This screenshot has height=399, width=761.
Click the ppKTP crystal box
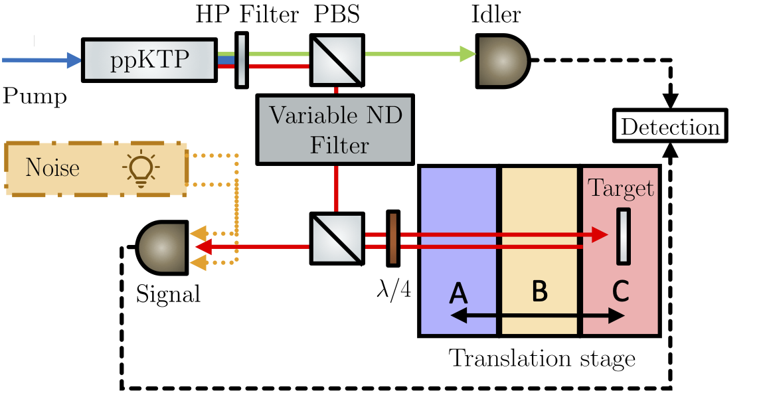tap(149, 60)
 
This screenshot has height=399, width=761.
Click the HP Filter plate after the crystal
tap(242, 60)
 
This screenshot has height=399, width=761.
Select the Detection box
tap(671, 127)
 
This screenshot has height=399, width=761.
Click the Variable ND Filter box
tap(336, 129)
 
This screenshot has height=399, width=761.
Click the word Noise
tap(52, 169)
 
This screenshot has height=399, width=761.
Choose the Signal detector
tap(162, 246)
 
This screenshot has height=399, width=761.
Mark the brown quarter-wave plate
tap(393, 239)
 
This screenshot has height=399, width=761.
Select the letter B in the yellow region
tap(540, 291)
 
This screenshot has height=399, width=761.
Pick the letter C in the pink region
tap(620, 291)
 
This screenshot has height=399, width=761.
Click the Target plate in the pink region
tap(623, 236)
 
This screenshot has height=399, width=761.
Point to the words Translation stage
tap(542, 359)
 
